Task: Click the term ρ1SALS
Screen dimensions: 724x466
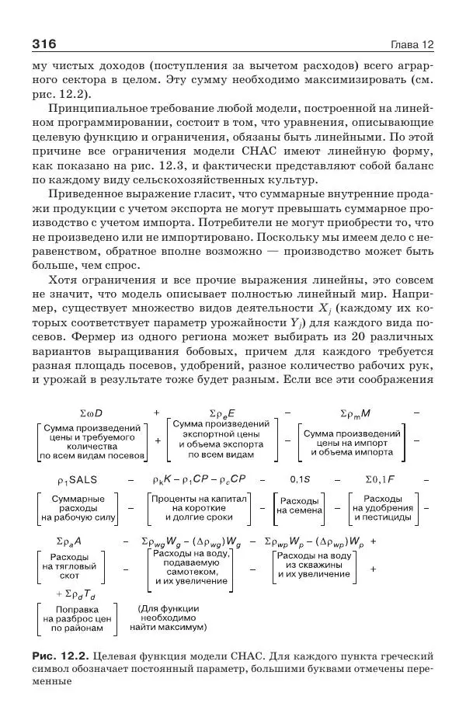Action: point(82,480)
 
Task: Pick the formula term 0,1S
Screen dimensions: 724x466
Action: point(300,480)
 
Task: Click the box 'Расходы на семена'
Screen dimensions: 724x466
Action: point(298,506)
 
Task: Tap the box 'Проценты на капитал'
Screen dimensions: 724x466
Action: point(203,506)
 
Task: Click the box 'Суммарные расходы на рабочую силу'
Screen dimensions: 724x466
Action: point(78,506)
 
